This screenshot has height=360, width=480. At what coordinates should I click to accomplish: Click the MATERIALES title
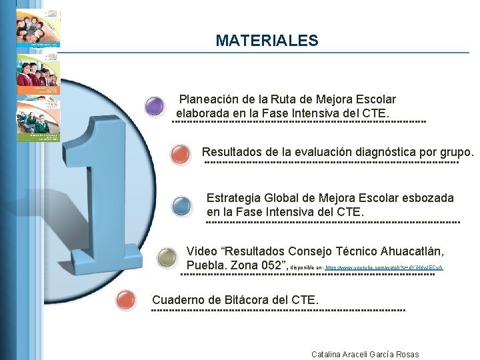(x=267, y=41)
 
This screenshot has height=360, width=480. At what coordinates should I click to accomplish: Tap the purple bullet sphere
(x=155, y=106)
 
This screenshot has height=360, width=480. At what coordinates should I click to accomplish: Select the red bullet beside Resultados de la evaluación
(x=180, y=154)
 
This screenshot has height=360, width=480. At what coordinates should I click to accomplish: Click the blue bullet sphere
(x=182, y=206)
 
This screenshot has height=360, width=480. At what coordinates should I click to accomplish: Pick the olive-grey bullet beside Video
(x=165, y=257)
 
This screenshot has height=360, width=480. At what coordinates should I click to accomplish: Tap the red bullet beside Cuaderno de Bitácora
(x=125, y=301)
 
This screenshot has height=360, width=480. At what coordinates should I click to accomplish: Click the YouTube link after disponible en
(x=383, y=267)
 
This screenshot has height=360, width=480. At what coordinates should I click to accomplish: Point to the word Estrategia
(x=233, y=198)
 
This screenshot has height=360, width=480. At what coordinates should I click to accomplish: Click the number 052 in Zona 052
(x=270, y=265)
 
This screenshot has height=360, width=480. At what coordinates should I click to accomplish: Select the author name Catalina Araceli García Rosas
(x=365, y=354)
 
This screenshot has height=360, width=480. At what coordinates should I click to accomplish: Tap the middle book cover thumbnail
(x=37, y=74)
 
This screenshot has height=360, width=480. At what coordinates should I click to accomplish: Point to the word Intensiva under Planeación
(x=303, y=113)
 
